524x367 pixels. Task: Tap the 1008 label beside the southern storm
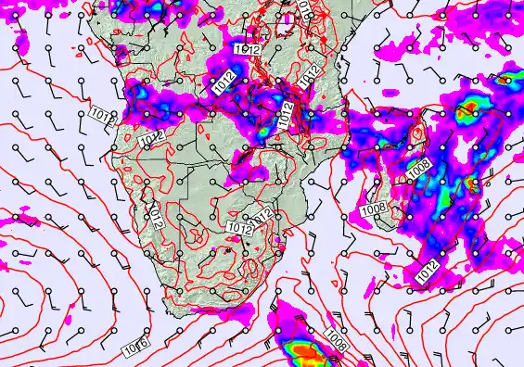coord(338,344)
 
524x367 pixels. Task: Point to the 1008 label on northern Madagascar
coord(418,171)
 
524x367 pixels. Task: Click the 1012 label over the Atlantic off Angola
coord(103,115)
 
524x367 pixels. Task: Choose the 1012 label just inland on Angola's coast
coord(154,137)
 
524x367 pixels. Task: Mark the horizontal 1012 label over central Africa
coord(246,48)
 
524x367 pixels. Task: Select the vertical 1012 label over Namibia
coord(159,219)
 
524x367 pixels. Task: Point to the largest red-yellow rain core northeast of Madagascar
coord(470,110)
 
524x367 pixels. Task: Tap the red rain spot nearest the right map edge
coord(505,80)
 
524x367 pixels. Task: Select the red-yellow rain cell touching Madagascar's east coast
coord(471,183)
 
